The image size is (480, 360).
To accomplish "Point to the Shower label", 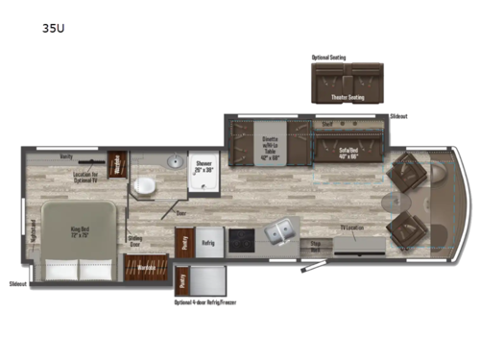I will (x=204, y=164).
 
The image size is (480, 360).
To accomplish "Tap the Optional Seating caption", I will (x=328, y=57).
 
